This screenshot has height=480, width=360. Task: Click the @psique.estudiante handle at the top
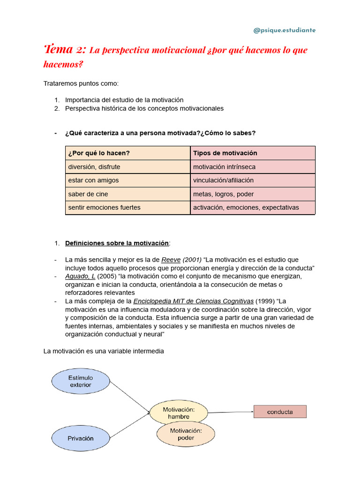pyautogui.click(x=285, y=30)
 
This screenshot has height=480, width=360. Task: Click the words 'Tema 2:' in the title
pyautogui.click(x=65, y=50)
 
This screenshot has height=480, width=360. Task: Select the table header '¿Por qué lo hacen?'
pyautogui.click(x=99, y=153)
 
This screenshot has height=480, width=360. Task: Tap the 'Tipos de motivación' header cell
pyautogui.click(x=225, y=153)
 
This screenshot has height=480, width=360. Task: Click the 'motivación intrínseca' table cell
pyautogui.click(x=224, y=167)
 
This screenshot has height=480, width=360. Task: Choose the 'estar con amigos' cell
pyautogui.click(x=93, y=180)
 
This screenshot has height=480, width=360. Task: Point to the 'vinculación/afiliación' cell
pyautogui.click(x=223, y=180)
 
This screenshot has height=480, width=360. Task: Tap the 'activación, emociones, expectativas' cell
pyautogui.click(x=246, y=208)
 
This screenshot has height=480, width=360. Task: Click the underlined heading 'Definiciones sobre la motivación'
pyautogui.click(x=117, y=243)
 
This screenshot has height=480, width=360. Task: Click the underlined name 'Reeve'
pyautogui.click(x=171, y=260)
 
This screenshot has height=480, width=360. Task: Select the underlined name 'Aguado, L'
pyautogui.click(x=80, y=276)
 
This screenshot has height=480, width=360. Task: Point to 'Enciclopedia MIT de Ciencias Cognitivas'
pyautogui.click(x=193, y=301)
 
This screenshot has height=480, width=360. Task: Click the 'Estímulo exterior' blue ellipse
pyautogui.click(x=81, y=381)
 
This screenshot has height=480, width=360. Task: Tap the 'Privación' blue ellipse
pyautogui.click(x=80, y=438)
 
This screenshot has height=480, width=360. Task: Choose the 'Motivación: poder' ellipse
pyautogui.click(x=186, y=435)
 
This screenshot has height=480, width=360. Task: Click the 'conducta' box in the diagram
pyautogui.click(x=280, y=412)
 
